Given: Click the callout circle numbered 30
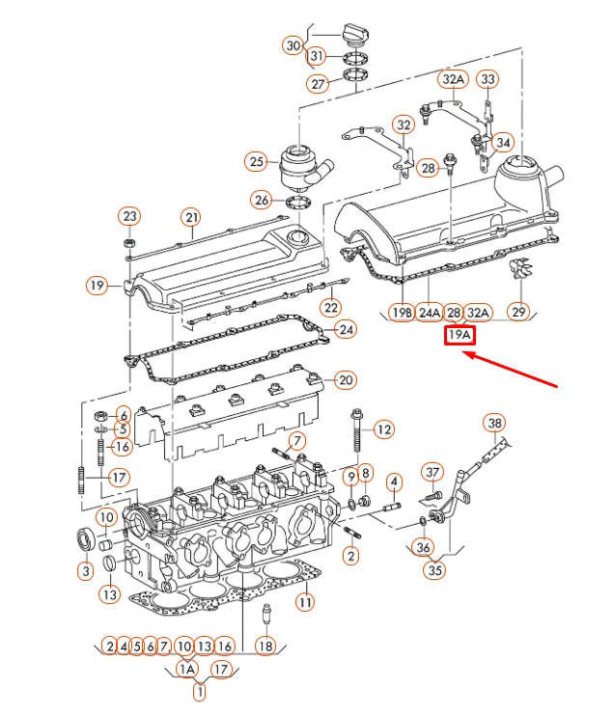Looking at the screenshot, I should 293,45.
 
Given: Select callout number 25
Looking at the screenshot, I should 256,162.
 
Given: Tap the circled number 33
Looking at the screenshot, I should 488,79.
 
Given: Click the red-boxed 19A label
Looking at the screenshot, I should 459,336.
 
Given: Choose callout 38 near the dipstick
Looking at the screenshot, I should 494,424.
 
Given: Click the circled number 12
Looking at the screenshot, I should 384,428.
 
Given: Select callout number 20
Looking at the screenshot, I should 346,379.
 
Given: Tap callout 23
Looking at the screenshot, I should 129,215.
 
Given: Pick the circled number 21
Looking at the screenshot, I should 191,217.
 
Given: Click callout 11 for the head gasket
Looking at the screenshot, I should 305,601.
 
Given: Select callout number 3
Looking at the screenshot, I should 85,572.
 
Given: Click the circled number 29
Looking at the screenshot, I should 518,312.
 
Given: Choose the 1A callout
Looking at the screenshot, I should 187,669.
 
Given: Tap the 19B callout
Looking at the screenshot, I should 402,313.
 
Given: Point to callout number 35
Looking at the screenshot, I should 435,570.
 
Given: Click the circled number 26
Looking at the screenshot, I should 262,201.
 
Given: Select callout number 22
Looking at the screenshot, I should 331,308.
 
